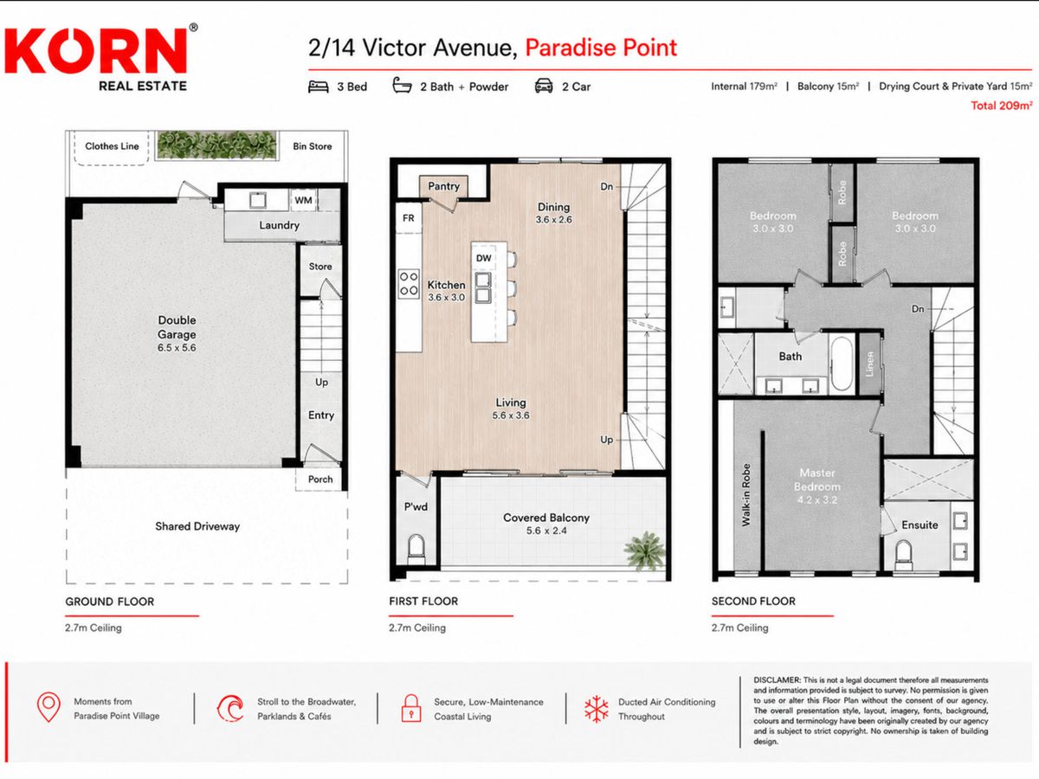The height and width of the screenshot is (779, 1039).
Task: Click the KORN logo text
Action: [x=96, y=50]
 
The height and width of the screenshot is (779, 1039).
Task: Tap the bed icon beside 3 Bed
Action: [x=318, y=87]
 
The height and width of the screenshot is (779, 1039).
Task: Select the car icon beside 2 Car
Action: [x=544, y=86]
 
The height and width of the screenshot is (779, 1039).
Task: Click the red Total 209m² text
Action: [x=1001, y=106]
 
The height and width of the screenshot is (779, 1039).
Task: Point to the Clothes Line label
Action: [x=112, y=146]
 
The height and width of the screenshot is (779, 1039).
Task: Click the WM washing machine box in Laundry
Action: [x=303, y=200]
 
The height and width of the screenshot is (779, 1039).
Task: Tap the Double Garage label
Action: [x=177, y=327]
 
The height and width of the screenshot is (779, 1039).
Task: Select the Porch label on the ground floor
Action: [x=320, y=480]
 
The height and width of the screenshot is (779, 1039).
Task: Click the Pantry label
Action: [x=443, y=186]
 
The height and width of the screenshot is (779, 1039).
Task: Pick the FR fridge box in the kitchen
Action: [x=408, y=218]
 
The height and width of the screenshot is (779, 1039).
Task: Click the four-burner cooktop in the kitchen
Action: [x=409, y=283]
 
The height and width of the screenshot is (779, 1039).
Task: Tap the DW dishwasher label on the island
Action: [x=483, y=258]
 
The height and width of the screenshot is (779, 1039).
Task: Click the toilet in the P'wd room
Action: [x=416, y=548]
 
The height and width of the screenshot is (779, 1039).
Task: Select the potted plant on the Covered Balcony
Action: [x=644, y=551]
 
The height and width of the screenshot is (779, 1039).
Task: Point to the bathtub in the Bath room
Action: [x=842, y=363]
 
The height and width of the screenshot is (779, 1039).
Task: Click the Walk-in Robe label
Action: [x=746, y=495]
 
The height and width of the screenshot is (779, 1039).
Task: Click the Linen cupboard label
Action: [x=869, y=364]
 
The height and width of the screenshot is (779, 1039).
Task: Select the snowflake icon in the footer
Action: [x=596, y=709]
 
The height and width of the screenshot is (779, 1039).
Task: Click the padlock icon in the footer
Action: [x=411, y=708]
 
